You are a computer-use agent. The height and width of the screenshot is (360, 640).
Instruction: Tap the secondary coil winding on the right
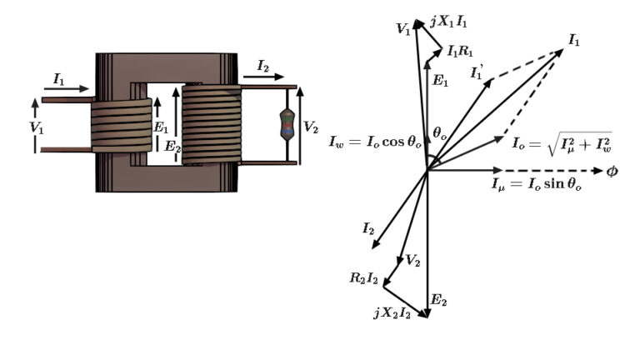[210, 124]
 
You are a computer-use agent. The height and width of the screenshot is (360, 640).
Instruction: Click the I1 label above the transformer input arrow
[59, 78]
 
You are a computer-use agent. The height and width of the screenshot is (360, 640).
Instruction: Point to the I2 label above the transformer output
[263, 64]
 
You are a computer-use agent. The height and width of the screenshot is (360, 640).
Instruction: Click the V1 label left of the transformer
[36, 127]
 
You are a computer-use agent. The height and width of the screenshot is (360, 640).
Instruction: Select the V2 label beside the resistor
[310, 127]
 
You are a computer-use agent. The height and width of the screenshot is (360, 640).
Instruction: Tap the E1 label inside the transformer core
[163, 129]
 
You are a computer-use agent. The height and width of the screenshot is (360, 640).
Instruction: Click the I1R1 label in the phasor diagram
[462, 52]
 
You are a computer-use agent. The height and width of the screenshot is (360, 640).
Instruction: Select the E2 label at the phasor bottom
[438, 301]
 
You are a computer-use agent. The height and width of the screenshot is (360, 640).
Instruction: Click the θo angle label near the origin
[441, 133]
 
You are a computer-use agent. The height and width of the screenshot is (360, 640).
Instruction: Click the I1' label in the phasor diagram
[477, 75]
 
